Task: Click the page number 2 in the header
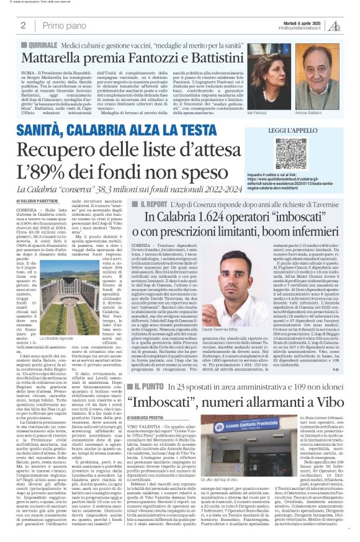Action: (x=23, y=25)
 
